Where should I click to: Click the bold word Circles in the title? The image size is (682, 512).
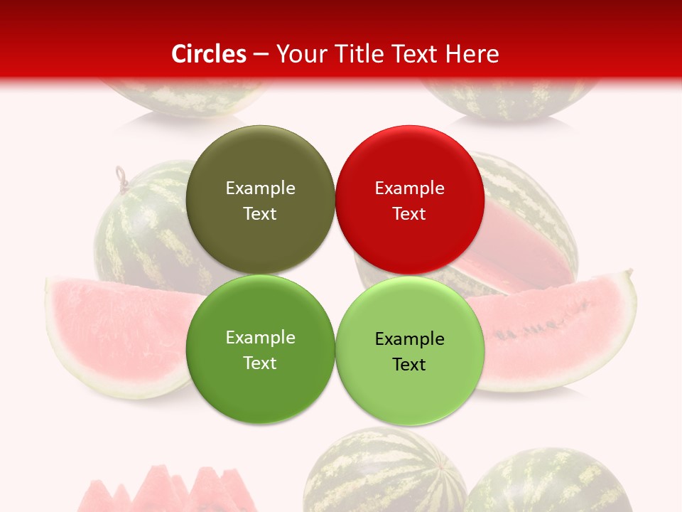209,54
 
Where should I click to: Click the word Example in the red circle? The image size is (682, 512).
409,188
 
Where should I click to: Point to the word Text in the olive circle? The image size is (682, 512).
260,214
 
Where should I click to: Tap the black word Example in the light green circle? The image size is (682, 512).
409,339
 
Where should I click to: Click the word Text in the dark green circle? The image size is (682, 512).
260,363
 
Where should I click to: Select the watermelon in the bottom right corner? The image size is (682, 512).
547,484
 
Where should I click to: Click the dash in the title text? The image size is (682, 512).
261,54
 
